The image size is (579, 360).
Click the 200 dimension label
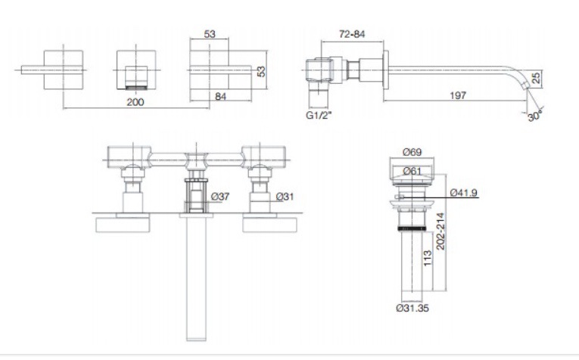(x=135, y=102)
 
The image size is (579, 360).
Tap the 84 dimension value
(x=220, y=97)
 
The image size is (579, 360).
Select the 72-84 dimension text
(x=352, y=34)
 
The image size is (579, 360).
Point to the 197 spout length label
(x=458, y=95)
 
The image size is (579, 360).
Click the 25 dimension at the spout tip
(x=536, y=77)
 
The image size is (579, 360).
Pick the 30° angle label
(x=535, y=116)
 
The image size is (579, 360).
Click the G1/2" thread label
(x=319, y=116)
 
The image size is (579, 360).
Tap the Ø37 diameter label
(x=220, y=197)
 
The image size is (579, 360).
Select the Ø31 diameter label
(x=285, y=197)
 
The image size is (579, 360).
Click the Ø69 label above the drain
(x=412, y=151)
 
